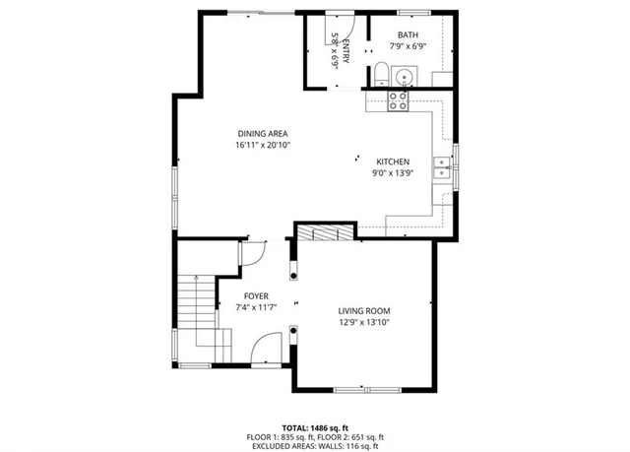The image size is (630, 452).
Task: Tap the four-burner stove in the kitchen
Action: (398, 98)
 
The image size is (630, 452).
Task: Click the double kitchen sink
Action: (444, 169)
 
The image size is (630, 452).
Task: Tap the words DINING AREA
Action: (262, 133)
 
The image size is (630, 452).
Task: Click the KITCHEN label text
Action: (393, 161)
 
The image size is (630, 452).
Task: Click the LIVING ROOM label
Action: (365, 311)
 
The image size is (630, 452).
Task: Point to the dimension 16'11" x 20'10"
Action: (262, 145)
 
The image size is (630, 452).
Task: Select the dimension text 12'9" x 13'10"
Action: (365, 322)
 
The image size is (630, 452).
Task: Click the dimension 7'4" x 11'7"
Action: (257, 307)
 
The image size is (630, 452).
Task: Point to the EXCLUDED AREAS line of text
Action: (315, 445)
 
